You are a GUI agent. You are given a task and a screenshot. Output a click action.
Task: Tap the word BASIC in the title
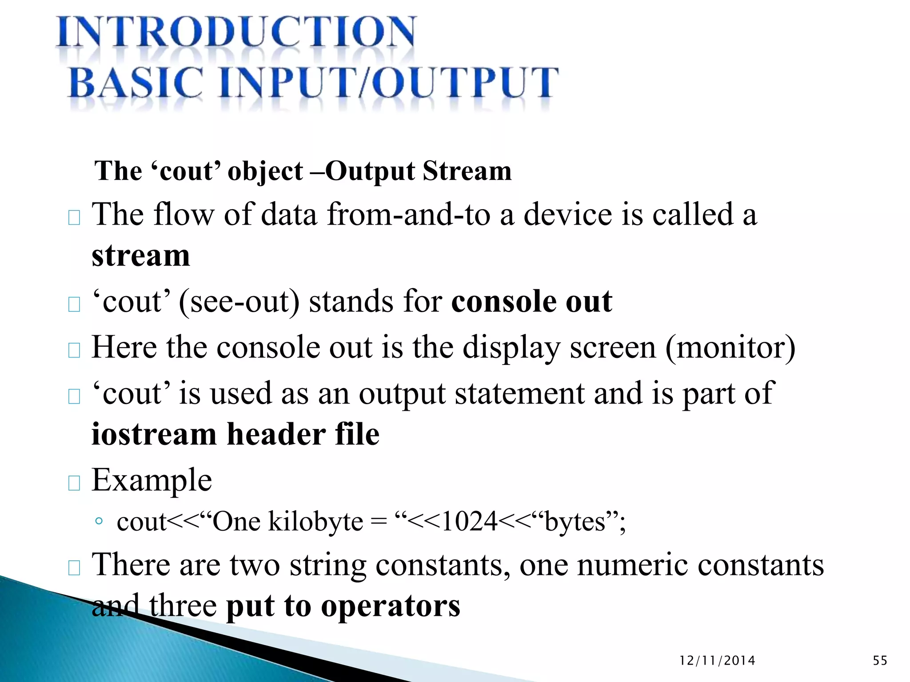coord(136,83)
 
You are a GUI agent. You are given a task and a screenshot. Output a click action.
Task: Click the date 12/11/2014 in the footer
coord(717,661)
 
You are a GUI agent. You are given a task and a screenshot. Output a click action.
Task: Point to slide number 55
coord(880,661)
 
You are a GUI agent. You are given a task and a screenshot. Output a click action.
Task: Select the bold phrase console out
coord(531,302)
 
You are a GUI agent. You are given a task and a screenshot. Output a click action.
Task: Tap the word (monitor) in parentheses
coord(730,347)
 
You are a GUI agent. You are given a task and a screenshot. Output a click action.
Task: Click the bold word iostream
coord(154,434)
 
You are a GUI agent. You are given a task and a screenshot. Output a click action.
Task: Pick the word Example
coord(152,480)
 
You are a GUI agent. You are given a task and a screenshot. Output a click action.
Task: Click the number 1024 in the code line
coord(469,521)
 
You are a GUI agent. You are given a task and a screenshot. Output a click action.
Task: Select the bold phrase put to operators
coord(343,607)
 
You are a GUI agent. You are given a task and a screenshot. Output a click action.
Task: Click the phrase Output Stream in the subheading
coord(419,171)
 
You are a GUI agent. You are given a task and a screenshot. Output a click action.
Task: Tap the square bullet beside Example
coord(74,483)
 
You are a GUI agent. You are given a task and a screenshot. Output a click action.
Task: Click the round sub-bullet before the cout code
coord(99,521)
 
